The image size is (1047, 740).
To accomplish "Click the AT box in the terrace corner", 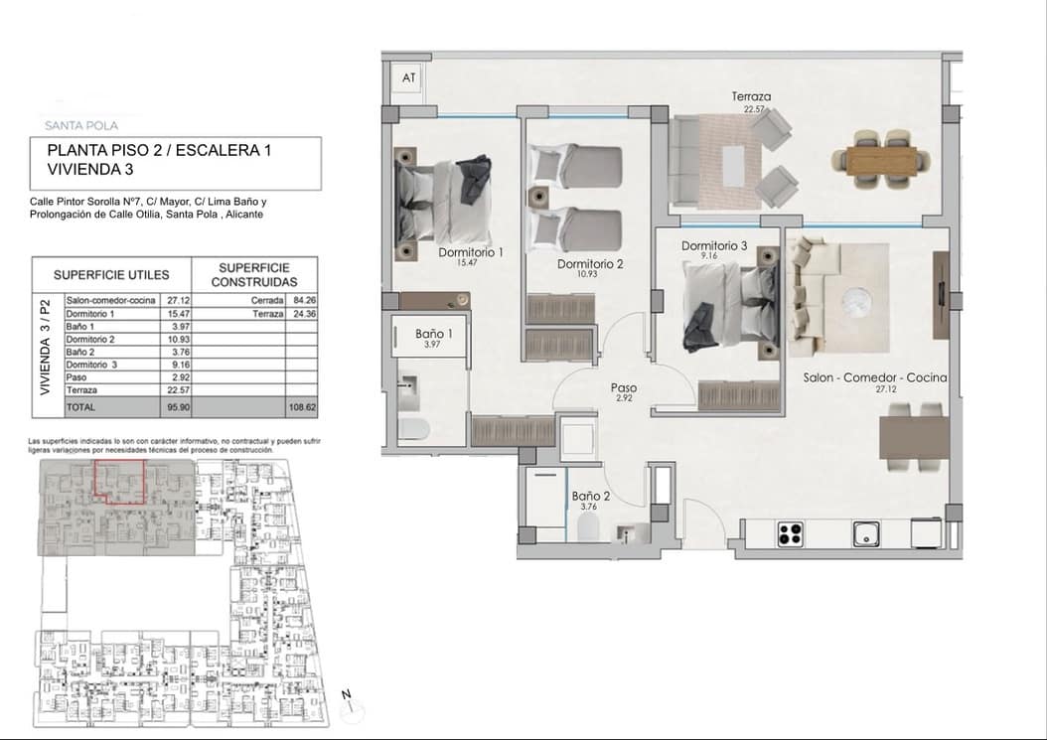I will [408, 77].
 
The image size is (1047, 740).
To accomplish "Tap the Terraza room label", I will [751, 96].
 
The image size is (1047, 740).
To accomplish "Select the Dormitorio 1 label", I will [471, 253].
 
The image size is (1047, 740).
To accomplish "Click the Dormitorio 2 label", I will [590, 264].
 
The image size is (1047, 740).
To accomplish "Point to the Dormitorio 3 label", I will [714, 245].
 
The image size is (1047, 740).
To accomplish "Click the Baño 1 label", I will [434, 335].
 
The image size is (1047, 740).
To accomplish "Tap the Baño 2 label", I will [590, 496].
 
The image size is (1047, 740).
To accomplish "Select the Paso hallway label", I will [625, 388].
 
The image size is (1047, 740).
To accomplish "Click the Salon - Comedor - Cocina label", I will [874, 378].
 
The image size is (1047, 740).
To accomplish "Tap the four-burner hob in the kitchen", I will [790, 534].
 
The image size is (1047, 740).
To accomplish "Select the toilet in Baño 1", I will [414, 429].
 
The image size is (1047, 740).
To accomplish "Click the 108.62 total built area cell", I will [300, 407].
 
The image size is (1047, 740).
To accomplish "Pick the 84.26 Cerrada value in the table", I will [300, 300].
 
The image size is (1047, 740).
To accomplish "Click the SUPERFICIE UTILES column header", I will [111, 274].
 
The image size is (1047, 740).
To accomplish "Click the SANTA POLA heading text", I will [82, 125].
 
